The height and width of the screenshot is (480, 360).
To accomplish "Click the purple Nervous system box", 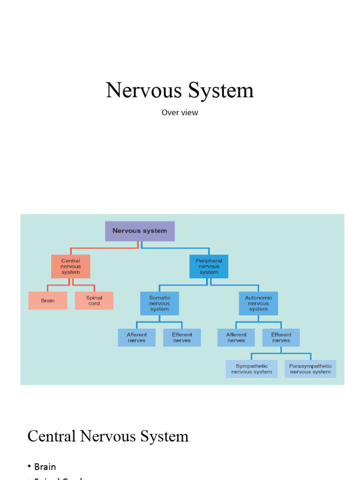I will (x=140, y=231).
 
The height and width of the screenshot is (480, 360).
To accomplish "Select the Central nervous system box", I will (x=70, y=266).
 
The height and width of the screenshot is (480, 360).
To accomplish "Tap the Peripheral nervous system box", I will (x=209, y=266).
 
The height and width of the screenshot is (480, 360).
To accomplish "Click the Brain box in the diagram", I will (x=47, y=300).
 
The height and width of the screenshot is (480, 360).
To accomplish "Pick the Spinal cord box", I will (x=94, y=300).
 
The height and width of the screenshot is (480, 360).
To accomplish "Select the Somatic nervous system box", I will (x=159, y=303).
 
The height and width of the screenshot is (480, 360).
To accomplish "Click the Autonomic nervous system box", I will (x=258, y=303).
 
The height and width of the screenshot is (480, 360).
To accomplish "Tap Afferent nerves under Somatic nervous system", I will (x=136, y=337).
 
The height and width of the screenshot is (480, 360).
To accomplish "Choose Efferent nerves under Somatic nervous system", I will (x=182, y=337).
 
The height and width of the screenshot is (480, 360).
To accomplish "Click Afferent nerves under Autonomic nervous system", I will (x=236, y=337).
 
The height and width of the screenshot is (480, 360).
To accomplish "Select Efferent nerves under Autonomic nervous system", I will (x=281, y=337).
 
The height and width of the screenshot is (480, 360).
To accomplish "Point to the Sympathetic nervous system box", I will (x=251, y=369).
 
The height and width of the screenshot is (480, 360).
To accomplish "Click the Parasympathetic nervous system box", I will (x=310, y=369).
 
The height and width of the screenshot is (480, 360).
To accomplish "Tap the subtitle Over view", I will (x=180, y=112).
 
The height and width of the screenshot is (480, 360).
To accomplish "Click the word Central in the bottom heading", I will (x=52, y=436).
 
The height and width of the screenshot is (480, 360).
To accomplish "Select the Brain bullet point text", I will (x=45, y=467).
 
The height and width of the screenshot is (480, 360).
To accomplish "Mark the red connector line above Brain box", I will (x=47, y=287).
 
